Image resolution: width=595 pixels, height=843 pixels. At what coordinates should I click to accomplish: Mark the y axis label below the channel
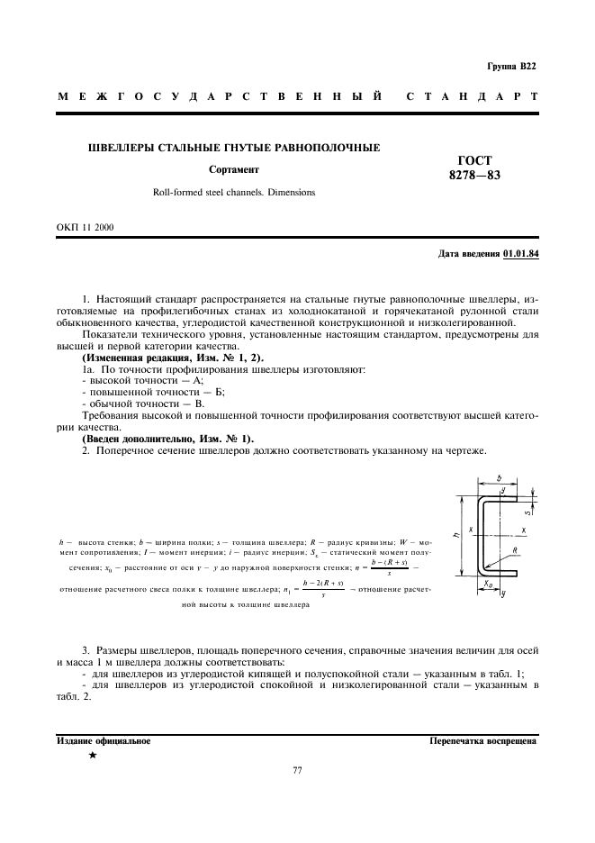click(x=503, y=594)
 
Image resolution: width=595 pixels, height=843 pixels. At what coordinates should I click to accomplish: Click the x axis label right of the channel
click(x=523, y=530)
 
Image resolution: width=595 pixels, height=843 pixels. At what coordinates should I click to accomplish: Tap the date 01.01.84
click(x=520, y=254)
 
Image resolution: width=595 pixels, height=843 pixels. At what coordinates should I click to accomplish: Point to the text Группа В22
click(x=511, y=67)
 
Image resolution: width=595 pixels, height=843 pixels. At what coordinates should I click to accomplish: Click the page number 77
click(x=297, y=771)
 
